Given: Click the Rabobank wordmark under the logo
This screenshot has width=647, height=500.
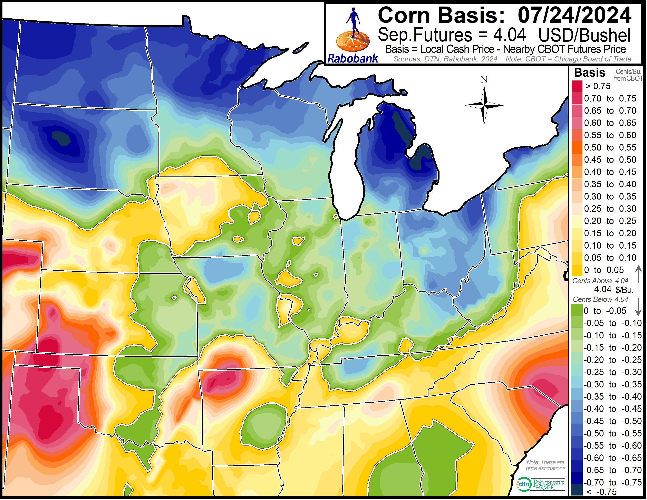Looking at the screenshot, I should coord(353,58).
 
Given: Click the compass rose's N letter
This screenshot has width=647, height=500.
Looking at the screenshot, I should coord(484,80).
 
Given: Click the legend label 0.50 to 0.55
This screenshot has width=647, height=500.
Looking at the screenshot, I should coord(610,147).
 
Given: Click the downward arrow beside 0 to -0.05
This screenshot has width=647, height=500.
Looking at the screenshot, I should coord(638,308).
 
